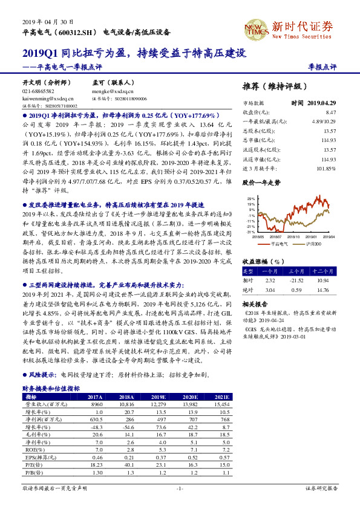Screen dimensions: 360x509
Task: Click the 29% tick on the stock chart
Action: pyautogui.click(x=250, y=198)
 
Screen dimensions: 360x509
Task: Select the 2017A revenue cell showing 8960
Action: pyautogui.click(x=97, y=403)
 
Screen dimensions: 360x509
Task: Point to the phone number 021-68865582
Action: pyautogui.click(x=38, y=91)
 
